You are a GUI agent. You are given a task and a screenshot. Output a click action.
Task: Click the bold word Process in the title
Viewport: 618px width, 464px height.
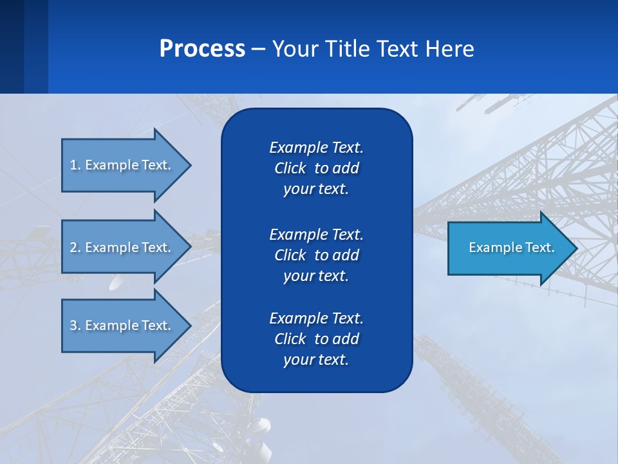pyautogui.click(x=202, y=48)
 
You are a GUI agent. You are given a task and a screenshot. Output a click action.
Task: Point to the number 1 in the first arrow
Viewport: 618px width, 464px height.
pyautogui.click(x=73, y=165)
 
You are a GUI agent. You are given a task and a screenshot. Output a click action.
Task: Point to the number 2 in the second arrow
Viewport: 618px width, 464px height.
pyautogui.click(x=73, y=247)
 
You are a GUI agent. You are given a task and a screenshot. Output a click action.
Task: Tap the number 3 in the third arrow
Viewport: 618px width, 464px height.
pyautogui.click(x=73, y=325)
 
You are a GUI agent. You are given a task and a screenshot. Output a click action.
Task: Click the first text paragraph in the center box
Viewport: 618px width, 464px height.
pyautogui.click(x=316, y=168)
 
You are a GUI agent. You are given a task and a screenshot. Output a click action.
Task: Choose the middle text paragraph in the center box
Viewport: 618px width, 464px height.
pyautogui.click(x=316, y=255)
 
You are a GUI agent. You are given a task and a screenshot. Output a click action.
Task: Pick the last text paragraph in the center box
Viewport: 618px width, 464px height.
pyautogui.click(x=316, y=339)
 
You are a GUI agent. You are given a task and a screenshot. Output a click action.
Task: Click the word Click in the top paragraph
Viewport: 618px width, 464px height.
pyautogui.click(x=290, y=168)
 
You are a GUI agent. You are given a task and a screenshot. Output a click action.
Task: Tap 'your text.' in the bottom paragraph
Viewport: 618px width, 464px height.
pyautogui.click(x=316, y=360)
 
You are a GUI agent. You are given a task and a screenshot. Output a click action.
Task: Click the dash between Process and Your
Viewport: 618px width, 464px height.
pyautogui.click(x=258, y=49)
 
